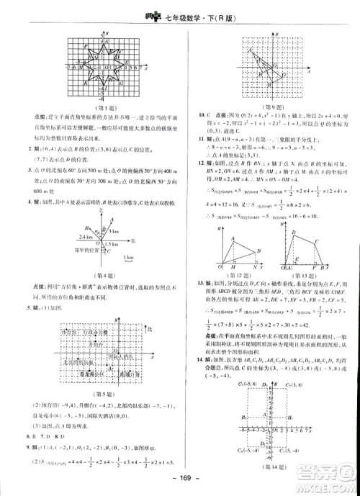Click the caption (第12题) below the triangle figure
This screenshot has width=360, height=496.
(233, 274)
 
